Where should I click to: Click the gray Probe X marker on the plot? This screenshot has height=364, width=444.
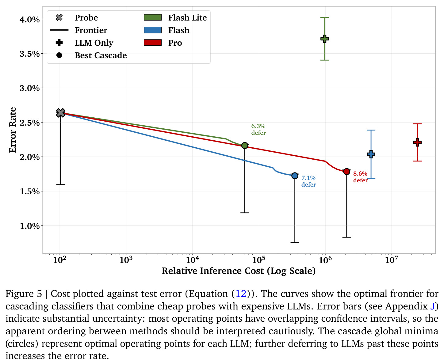(60, 113)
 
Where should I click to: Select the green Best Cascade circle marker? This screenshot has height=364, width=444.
(245, 146)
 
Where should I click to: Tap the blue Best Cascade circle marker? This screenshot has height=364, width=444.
(295, 176)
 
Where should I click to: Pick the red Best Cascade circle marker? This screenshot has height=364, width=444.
(346, 172)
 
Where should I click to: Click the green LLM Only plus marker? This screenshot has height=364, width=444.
(324, 39)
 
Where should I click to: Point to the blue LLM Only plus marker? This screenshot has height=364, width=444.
(371, 154)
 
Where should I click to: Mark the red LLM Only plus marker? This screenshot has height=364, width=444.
(417, 142)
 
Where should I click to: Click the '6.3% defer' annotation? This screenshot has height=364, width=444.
(258, 129)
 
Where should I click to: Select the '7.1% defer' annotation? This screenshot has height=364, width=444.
(308, 181)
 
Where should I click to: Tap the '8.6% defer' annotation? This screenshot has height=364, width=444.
(360, 177)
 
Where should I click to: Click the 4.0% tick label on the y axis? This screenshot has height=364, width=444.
(29, 20)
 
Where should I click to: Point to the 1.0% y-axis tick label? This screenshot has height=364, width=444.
(29, 226)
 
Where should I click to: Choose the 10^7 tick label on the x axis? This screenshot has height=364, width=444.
(391, 260)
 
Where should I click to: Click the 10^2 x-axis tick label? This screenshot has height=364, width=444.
(59, 260)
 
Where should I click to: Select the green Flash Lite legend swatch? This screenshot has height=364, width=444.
(153, 17)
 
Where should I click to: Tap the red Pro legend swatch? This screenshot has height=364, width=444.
(153, 43)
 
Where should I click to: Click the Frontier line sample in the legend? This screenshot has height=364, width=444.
(59, 30)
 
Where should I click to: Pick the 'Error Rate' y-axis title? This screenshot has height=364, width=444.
(13, 130)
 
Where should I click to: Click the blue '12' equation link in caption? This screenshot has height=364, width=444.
(241, 294)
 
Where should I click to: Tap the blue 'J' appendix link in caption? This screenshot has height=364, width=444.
(432, 306)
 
